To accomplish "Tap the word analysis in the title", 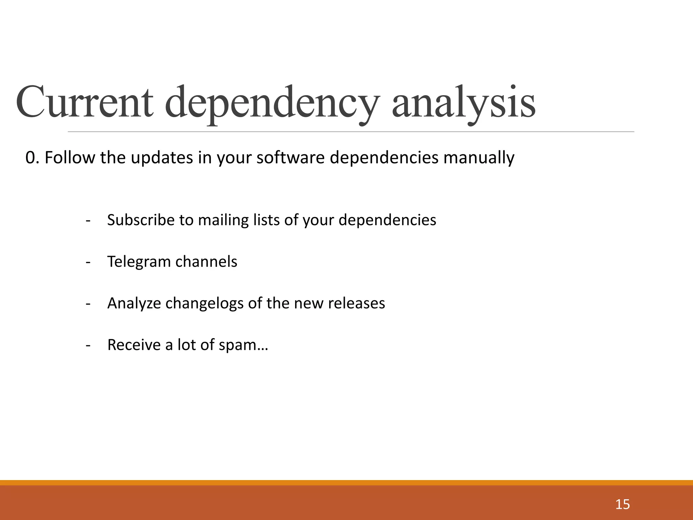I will pos(464,102).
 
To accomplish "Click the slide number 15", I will pos(622,504).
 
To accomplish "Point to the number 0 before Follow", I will pos(30,158).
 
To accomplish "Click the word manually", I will pos(479,158).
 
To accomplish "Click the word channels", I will pos(206,262).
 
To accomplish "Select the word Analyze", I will pos(134,304).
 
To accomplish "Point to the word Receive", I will pos(134,345).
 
